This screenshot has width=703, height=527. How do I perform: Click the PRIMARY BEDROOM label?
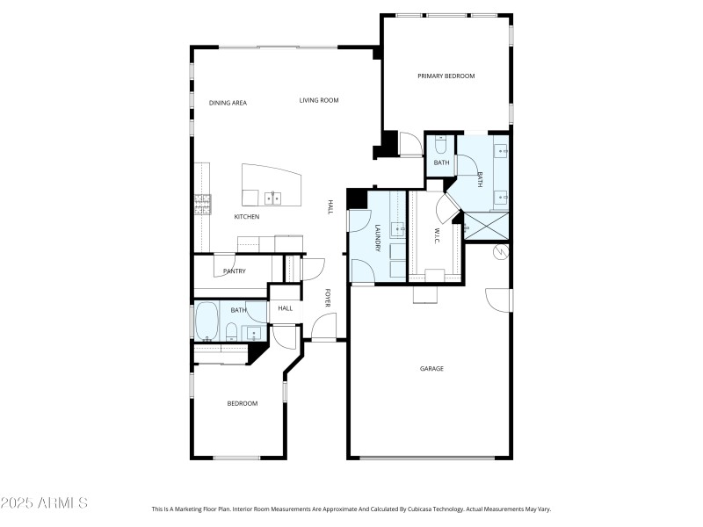446,76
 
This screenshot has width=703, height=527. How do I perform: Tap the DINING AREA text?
228,103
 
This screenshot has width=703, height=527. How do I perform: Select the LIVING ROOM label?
319,100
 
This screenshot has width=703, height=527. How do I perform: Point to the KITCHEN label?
246,217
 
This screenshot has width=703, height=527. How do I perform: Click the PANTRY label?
234,271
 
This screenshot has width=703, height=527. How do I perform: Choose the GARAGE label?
431,369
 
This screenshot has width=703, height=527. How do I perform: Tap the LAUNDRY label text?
378,238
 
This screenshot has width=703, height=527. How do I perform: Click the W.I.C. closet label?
436,236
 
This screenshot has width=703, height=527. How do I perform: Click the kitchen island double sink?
273,197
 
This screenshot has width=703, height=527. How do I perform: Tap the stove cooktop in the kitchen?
203,205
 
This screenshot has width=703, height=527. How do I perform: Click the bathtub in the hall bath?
207,321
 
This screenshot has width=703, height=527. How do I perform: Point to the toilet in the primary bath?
441,143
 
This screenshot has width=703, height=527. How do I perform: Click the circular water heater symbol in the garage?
502,253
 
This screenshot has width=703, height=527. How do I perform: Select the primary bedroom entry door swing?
409,144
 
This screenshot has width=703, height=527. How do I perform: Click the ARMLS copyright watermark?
44,503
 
